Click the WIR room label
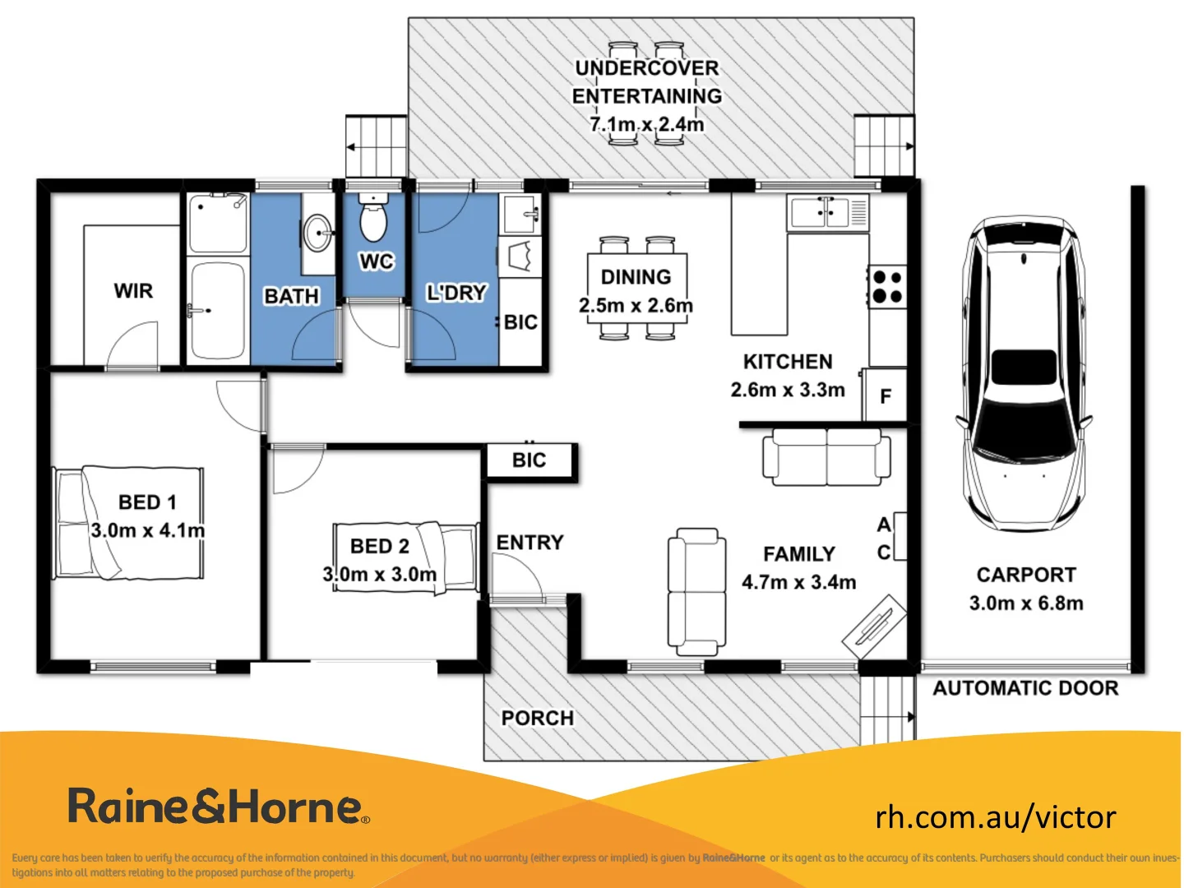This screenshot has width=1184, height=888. [x=133, y=291]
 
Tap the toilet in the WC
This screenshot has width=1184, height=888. [x=373, y=219]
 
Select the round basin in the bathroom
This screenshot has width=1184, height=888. [x=317, y=233]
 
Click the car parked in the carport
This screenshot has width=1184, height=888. [x=1024, y=375]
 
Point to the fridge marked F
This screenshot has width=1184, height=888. [x=886, y=396]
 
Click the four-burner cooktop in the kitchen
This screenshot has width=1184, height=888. [x=887, y=286]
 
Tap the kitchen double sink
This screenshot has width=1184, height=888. [x=819, y=213]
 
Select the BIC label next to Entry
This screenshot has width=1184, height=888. [x=529, y=460]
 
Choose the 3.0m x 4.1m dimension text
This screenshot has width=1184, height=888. [x=148, y=530]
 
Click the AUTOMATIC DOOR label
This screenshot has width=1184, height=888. [x=1025, y=688]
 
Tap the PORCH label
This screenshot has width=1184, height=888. [x=538, y=718]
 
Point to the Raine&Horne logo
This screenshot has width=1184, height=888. [x=218, y=807]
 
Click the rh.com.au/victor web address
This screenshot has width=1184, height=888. [x=996, y=816]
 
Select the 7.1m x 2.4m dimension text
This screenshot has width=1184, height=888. [x=647, y=124]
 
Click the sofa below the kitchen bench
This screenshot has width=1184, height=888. [x=826, y=456]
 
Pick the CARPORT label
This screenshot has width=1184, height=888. [x=1026, y=575]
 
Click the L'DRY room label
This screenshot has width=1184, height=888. [x=456, y=293]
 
